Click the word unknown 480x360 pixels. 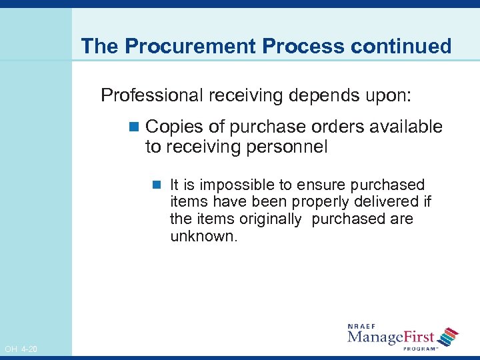(203, 236)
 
